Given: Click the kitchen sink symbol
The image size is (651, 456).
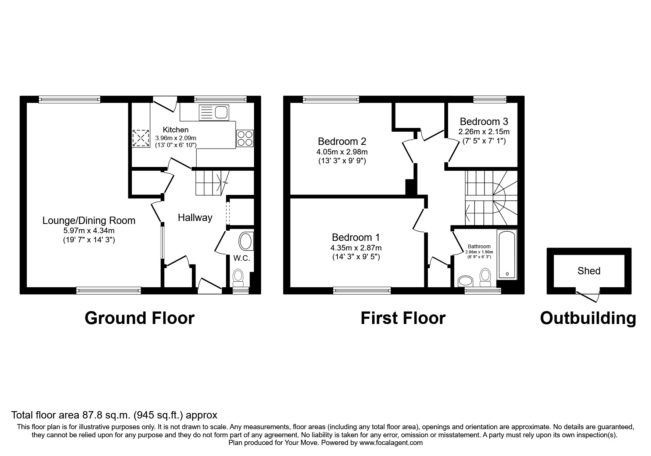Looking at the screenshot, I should [214, 112].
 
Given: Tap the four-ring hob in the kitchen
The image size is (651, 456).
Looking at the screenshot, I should [244, 138].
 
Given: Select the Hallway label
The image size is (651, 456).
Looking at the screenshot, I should [195, 218].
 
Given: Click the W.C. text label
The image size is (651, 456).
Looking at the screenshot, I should [242, 258].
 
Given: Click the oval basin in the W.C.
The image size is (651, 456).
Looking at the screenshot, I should [245, 242].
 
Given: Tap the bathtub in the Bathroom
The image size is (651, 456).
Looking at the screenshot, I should [507, 254].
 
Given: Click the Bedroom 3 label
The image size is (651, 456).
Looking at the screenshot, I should [484, 121].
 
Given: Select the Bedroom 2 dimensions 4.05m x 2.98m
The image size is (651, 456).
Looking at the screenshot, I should [342, 152].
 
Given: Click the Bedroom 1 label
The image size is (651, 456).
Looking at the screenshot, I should [355, 237].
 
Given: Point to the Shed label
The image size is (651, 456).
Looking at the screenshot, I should [589, 271].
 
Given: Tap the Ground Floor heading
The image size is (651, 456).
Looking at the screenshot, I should [139, 318].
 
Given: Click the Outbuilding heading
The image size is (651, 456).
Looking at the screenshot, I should [588, 318].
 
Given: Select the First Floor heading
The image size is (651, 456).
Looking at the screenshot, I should [403, 318].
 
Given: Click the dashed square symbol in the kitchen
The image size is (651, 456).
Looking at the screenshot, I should [141, 138].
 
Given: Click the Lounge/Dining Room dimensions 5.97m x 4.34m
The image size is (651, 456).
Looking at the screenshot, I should [89, 231].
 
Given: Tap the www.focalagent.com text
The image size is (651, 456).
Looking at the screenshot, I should [391, 443].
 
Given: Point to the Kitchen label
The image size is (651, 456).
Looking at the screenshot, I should [176, 130].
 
